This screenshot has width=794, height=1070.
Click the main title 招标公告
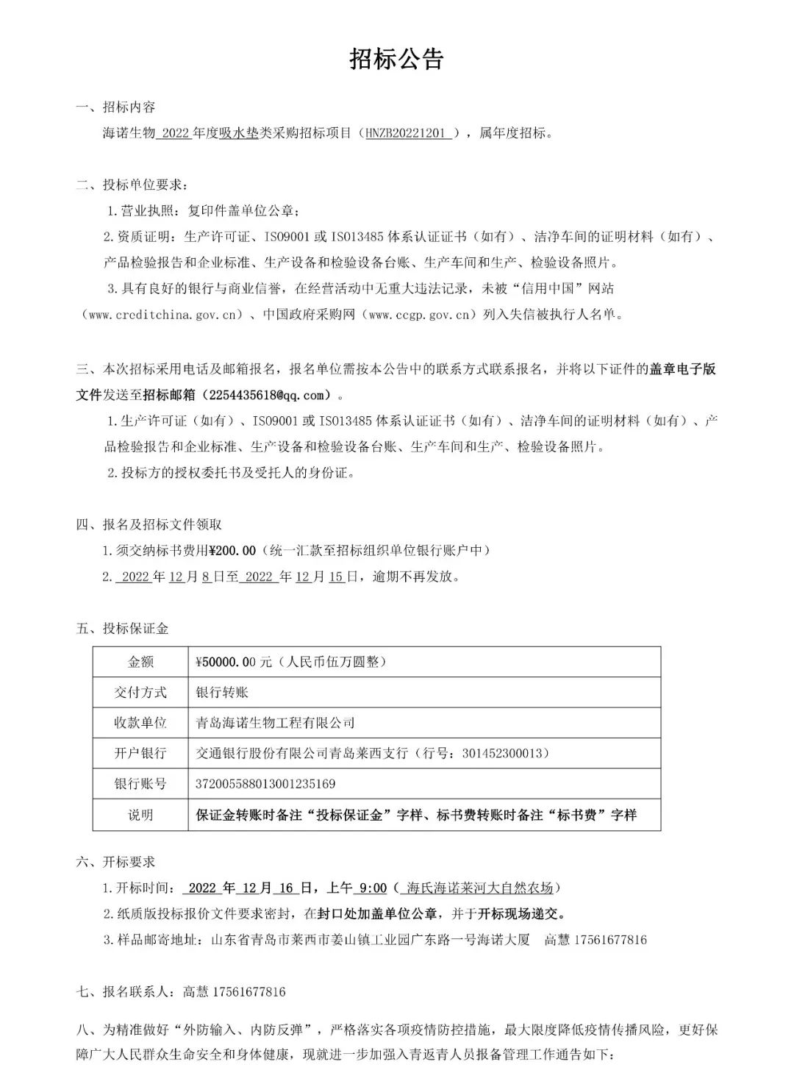396,60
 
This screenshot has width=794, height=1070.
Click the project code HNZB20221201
407,133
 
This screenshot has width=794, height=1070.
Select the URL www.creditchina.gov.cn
164,315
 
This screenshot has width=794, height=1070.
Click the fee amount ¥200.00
233,551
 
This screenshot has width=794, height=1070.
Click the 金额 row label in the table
140,662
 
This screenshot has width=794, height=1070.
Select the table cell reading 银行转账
222,692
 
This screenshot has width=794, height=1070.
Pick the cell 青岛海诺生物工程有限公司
275,723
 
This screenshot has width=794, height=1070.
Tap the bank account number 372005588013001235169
265,784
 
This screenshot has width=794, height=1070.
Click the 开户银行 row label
140,754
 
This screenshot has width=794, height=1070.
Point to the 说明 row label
140,815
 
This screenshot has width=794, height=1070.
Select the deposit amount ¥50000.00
227,662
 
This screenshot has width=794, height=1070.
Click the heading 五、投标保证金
122,629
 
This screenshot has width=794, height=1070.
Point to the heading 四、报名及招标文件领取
149,525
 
